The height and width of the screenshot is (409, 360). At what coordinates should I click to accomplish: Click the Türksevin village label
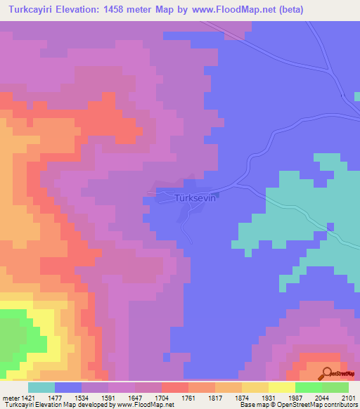tap(193, 199)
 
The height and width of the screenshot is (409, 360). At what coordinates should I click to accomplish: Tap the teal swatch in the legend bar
tap(41, 387)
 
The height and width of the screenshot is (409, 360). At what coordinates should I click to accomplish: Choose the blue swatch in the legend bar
tap(68, 387)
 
